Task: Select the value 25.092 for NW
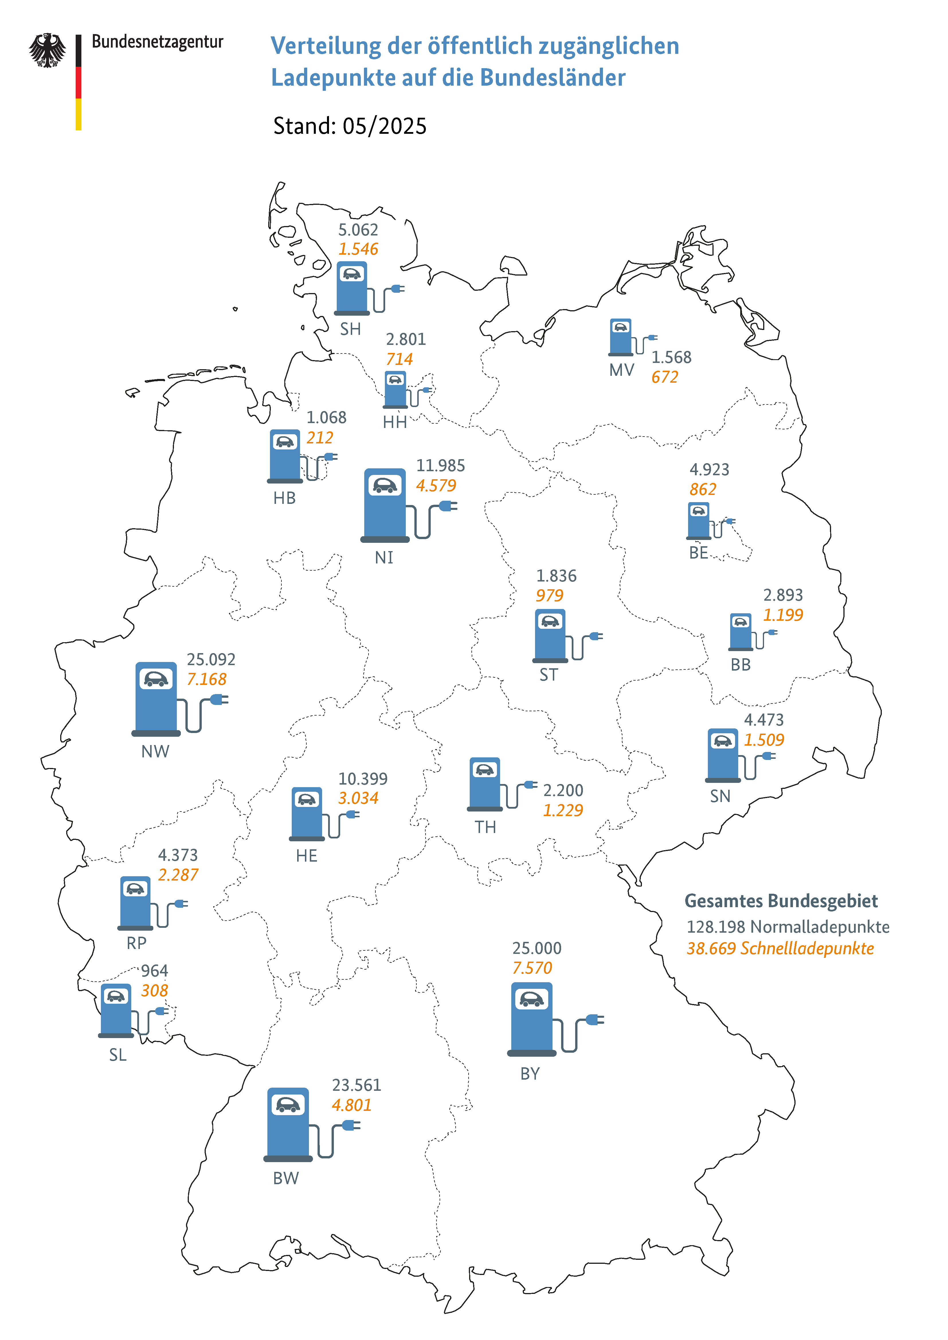(211, 659)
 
